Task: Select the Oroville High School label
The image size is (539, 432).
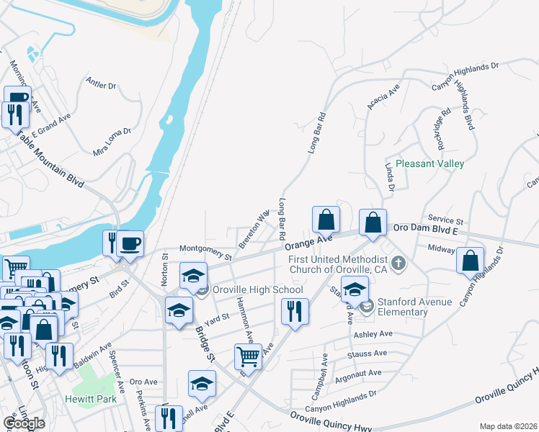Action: [x=258, y=289]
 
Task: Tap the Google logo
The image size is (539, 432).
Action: [x=24, y=423]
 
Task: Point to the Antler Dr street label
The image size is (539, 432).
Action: [x=101, y=84]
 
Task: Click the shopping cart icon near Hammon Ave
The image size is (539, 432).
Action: [x=248, y=356]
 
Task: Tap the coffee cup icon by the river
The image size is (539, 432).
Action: [x=130, y=243]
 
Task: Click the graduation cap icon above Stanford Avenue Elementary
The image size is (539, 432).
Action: [x=355, y=289]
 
